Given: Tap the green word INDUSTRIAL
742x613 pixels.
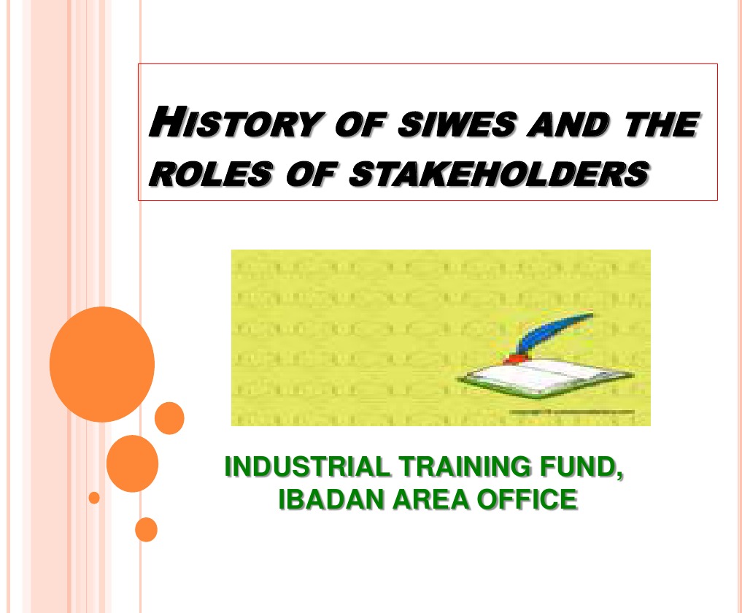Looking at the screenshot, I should coord(298,466).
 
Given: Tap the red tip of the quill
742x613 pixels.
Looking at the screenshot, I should coord(516,359).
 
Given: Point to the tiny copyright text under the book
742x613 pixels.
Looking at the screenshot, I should coord(572,413).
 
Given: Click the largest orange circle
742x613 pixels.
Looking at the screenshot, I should coord(102,363).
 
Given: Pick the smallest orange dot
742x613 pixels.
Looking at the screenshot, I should coord(94,498).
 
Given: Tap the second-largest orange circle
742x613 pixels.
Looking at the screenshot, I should coord(132,463).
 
